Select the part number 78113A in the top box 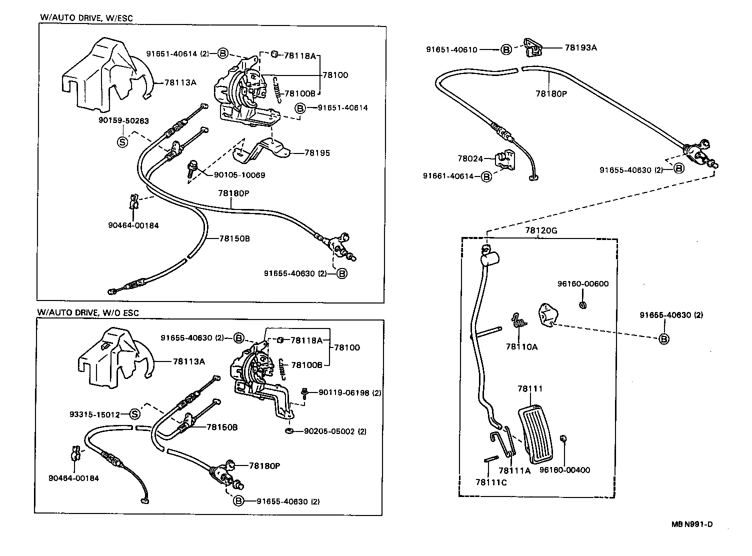point(178,82)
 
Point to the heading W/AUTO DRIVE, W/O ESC point(87,313)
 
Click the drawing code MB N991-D point(692,524)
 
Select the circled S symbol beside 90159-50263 point(121,142)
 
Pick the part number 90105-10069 point(239,175)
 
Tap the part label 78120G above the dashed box point(540,230)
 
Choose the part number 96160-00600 point(583,284)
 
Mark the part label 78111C point(491,482)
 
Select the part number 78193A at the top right point(580,48)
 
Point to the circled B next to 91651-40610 point(506,49)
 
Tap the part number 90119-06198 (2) point(349,393)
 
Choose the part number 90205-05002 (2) point(335,431)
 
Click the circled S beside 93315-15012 point(134,414)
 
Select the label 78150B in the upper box point(234,238)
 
